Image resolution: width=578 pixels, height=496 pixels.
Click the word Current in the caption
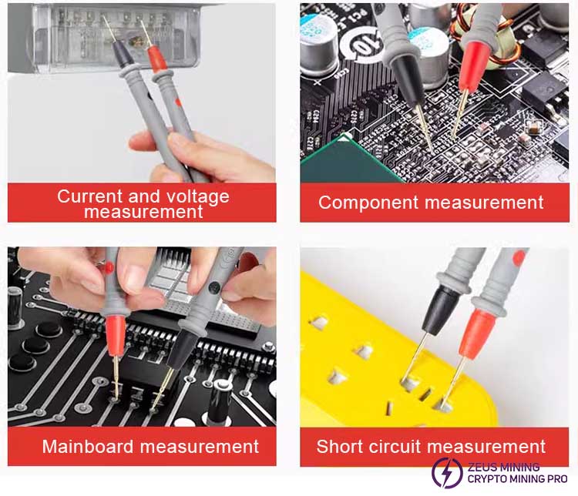(x=89, y=196)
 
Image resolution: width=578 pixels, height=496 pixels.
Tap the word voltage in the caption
(x=198, y=196)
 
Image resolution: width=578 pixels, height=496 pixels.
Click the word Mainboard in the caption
(x=88, y=446)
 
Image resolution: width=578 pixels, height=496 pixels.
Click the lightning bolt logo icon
(x=447, y=473)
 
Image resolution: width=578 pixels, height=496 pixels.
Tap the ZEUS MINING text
(x=503, y=468)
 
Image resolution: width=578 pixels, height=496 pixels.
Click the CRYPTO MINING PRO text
(x=517, y=479)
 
